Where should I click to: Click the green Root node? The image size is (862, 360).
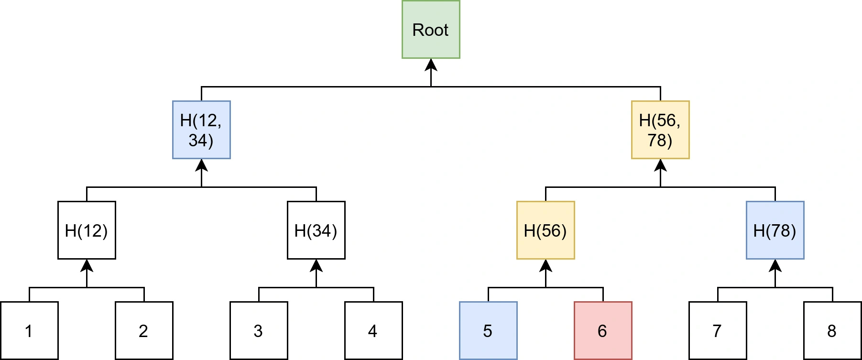coord(431,30)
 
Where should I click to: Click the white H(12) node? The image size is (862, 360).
coord(87,230)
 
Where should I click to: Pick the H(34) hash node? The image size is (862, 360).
coord(316,230)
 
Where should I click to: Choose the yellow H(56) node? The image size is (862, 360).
coord(546,230)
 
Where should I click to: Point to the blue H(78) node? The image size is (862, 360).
coord(775,230)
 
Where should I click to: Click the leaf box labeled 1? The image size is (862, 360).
coord(29,330)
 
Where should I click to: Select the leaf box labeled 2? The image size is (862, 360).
coord(144,330)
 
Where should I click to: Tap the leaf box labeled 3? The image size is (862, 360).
coord(259,330)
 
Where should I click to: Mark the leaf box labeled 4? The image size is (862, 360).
coord(373,330)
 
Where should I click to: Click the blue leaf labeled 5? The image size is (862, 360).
coord(488,330)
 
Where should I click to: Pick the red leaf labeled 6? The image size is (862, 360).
coord(603,330)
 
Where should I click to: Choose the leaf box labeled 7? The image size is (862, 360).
coord(718,330)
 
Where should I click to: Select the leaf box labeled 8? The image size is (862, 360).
coord(832,330)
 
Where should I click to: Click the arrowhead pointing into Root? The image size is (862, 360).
coord(431,65)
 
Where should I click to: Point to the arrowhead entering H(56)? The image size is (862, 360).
coord(546,265)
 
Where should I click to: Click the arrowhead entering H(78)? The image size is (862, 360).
coord(775,265)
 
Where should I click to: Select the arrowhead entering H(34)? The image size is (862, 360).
coord(316,265)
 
